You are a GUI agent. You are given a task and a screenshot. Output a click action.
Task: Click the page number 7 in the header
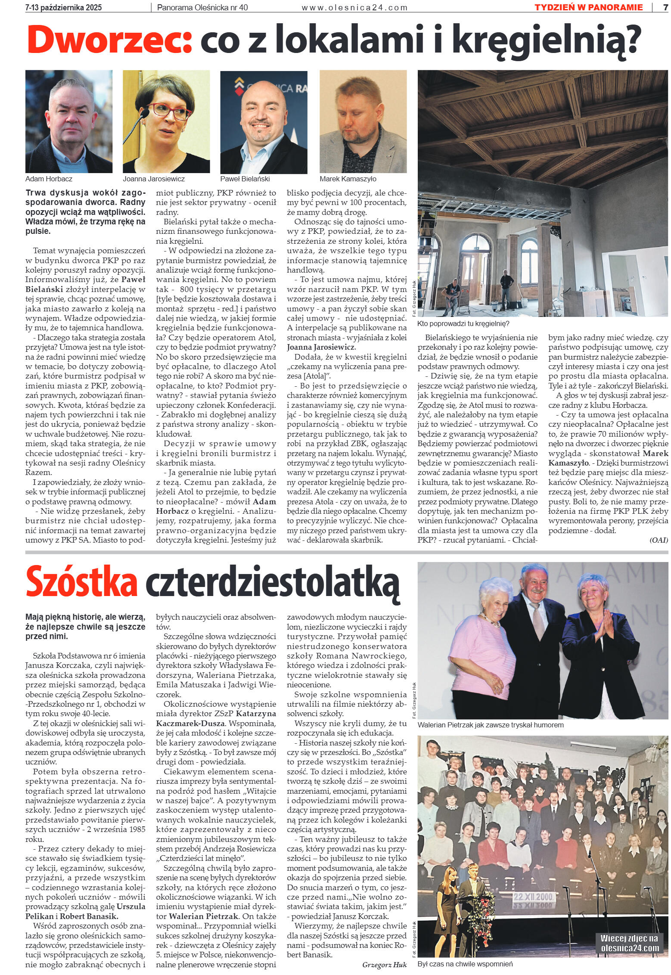point(665,7)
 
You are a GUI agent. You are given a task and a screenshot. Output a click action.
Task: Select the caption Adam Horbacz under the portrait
point(49,179)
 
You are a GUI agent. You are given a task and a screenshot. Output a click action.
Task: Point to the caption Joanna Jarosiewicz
point(154,179)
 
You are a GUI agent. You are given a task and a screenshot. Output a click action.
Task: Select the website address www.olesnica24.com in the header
point(354,7)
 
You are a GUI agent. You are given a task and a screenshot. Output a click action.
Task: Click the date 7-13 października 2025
point(64,7)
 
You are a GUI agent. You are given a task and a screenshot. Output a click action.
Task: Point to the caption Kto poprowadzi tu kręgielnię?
point(463,323)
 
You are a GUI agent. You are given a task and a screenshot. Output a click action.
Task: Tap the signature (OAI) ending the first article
point(659,540)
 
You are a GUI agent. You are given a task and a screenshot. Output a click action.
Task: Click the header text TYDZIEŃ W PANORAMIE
point(588,7)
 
